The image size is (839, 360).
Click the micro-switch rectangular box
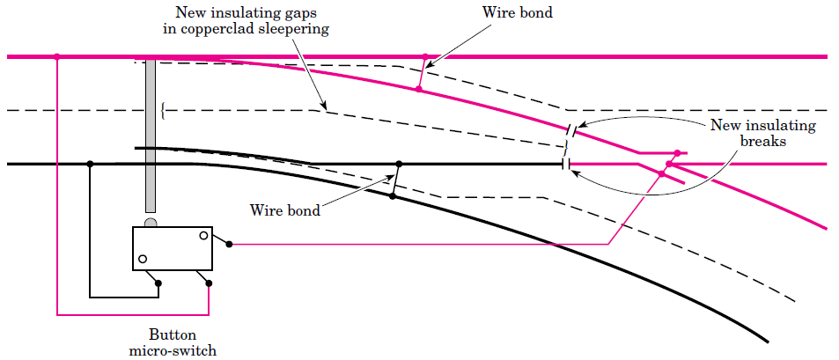[x=173, y=248]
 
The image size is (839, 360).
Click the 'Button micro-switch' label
[x=172, y=343]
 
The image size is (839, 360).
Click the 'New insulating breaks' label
[x=762, y=132]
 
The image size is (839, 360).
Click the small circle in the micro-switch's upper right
[x=203, y=235]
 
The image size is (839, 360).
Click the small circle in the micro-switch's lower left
[x=142, y=260]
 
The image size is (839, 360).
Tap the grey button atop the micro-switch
[x=151, y=223]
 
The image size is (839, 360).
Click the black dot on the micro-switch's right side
[x=229, y=244]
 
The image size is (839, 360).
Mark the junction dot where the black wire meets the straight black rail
[x=90, y=164]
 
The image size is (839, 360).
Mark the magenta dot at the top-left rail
[x=57, y=56]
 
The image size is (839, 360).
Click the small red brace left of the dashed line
[x=163, y=111]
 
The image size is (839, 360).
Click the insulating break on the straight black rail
[x=563, y=164]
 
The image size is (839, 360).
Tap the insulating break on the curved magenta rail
[x=572, y=130]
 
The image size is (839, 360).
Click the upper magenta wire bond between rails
[x=422, y=73]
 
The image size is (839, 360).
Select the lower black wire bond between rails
[x=396, y=180]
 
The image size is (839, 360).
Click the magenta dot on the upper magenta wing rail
[x=677, y=152]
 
